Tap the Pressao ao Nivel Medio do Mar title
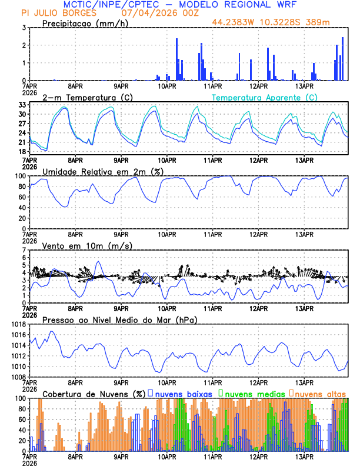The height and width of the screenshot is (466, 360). [119, 319]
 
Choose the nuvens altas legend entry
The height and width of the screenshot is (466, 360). [320, 393]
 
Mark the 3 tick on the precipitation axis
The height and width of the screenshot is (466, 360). [24, 28]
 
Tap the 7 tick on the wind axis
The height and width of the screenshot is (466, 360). [24, 250]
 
